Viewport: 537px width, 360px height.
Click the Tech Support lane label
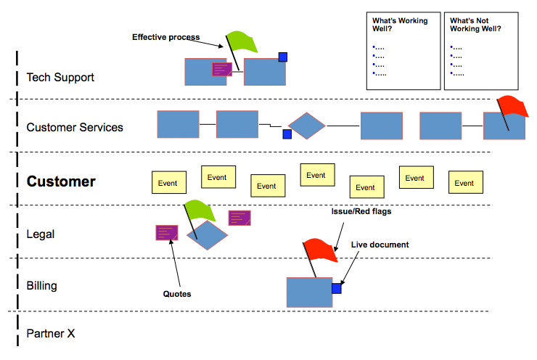point(60,77)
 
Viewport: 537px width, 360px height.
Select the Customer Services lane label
point(75,128)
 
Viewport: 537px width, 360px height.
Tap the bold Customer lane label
point(61,181)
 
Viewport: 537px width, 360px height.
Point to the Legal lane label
point(41,234)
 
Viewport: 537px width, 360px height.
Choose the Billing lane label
point(41,286)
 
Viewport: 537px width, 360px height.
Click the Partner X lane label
point(51,334)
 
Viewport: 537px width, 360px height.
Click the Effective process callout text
point(165,37)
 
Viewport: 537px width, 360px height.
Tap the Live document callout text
point(380,245)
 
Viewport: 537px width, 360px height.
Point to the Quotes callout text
point(177,294)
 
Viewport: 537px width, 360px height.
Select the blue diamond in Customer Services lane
point(307,126)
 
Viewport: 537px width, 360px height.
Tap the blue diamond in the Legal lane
point(207,234)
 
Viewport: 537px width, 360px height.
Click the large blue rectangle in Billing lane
point(309,292)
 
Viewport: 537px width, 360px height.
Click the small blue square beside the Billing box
point(337,288)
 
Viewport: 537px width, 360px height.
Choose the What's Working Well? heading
point(400,25)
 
